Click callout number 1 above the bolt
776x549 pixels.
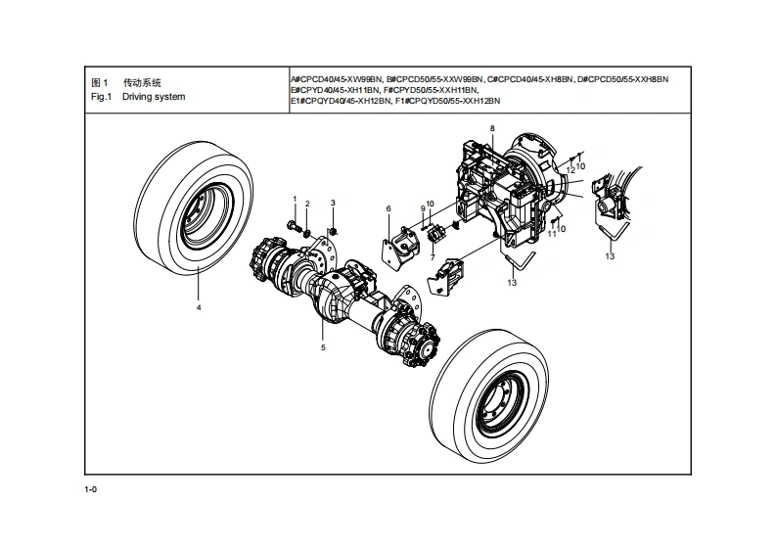point(295,199)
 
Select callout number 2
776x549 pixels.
point(307,204)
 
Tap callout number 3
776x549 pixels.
point(333,203)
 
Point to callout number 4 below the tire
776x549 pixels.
point(199,307)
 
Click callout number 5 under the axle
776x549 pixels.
point(323,347)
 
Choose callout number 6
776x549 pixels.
point(388,208)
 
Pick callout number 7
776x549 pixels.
point(433,257)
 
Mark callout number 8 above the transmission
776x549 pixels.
point(492,128)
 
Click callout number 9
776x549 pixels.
point(423,208)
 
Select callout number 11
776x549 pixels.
point(552,234)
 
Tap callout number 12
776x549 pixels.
point(571,170)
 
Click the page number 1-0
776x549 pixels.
point(91,489)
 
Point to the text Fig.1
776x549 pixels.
point(102,97)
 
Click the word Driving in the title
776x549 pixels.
point(137,97)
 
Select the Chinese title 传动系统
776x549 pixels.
point(142,82)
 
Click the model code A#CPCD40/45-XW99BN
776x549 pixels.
point(337,79)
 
